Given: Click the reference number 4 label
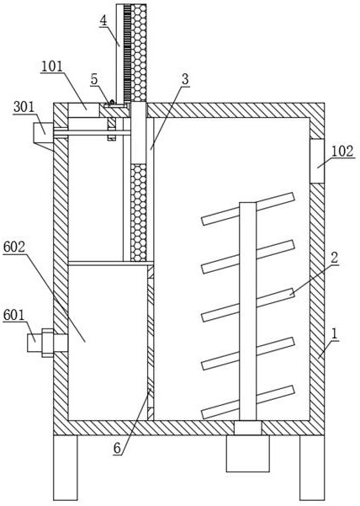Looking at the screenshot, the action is pyautogui.click(x=103, y=20).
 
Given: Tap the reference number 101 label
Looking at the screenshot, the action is pyautogui.click(x=51, y=67).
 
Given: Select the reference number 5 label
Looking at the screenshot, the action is pyautogui.click(x=94, y=79).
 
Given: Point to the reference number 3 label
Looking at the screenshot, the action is pyautogui.click(x=185, y=80).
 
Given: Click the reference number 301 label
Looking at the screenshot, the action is pyautogui.click(x=24, y=107).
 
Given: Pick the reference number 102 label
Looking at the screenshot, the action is pyautogui.click(x=342, y=151).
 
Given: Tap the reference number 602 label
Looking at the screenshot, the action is pyautogui.click(x=13, y=247).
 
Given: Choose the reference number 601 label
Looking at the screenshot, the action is pyautogui.click(x=13, y=315).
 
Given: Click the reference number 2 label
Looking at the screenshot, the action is pyautogui.click(x=334, y=258).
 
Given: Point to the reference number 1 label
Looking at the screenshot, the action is pyautogui.click(x=335, y=333).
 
